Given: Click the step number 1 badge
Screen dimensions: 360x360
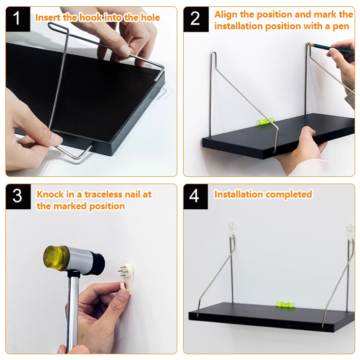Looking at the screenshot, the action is (x=18, y=19).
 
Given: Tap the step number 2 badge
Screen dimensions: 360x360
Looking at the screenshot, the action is (x=196, y=19).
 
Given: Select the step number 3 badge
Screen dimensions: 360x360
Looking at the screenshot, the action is (x=18, y=197).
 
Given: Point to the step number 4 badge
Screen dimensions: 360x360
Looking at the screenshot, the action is (x=196, y=197).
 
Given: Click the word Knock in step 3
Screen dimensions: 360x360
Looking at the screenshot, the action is (x=50, y=194).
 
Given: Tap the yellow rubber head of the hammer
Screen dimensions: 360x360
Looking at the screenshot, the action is (x=55, y=257).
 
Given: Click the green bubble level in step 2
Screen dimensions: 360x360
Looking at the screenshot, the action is (x=265, y=121).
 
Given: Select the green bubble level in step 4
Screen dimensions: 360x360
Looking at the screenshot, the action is (x=285, y=305).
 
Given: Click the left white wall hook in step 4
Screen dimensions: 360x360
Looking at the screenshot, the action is (x=232, y=229).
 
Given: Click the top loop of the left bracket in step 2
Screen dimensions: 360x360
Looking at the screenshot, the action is (x=214, y=54).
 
